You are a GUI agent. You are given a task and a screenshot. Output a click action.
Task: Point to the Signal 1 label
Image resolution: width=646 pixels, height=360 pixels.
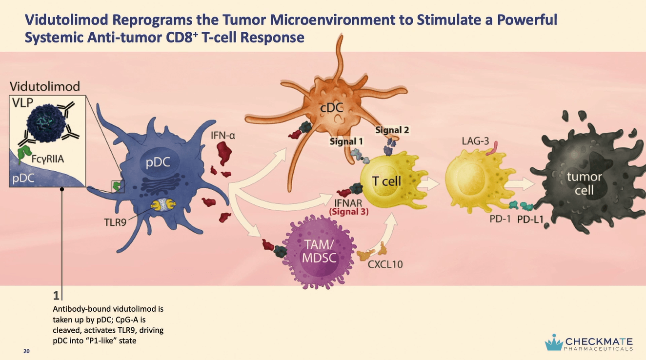coord(346,141)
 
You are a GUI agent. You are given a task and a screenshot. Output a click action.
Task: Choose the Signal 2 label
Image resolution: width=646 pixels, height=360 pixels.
coord(393,130)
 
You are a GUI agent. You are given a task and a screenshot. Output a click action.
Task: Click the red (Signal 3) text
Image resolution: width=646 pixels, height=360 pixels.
coord(348,212)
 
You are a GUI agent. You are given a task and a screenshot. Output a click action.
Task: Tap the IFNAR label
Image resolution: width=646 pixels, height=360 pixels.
coord(348,203)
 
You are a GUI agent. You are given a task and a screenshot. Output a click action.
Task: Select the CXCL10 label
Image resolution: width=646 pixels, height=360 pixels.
coord(385,264)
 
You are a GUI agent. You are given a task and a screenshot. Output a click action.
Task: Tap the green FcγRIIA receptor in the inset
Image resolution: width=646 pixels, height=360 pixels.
coord(22,153)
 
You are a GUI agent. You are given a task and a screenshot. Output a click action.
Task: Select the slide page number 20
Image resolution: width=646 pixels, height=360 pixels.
coord(26,351)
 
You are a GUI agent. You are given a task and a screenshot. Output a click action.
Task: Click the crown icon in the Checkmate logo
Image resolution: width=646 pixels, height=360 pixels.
coord(554,341)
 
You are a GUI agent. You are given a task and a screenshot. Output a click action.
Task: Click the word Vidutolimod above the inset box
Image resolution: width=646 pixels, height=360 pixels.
coord(44,87)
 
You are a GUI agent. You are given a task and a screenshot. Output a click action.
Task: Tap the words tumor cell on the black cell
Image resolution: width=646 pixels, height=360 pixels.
coord(584,183)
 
